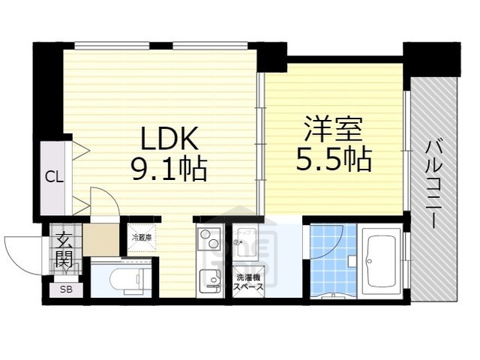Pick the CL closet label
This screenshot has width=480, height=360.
click(52, 177)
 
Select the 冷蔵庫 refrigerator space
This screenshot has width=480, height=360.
click(142, 237)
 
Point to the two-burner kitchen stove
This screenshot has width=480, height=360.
click(208, 240)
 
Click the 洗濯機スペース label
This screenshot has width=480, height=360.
click(247, 281)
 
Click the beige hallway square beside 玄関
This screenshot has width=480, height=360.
click(100, 239)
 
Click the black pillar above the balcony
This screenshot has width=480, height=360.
click(431, 57)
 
